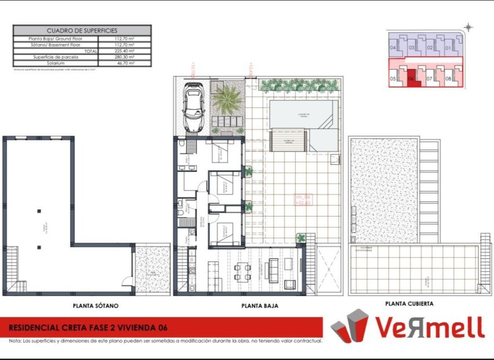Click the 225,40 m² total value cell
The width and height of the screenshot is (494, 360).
(x=124, y=51)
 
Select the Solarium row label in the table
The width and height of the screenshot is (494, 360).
(x=56, y=63)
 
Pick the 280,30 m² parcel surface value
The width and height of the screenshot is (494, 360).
(x=124, y=57)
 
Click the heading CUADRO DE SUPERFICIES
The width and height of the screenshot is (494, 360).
(x=82, y=30)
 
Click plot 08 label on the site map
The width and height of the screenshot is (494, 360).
(x=448, y=78)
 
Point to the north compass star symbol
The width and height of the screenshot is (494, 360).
(x=469, y=27)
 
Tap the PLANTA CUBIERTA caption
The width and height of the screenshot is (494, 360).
(x=409, y=303)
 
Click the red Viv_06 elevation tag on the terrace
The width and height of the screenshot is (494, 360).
(x=304, y=200)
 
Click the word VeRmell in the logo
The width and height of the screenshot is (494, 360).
(x=429, y=327)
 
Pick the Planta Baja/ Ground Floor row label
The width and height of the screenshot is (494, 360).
(x=56, y=39)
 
